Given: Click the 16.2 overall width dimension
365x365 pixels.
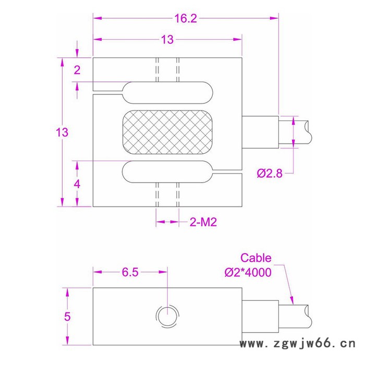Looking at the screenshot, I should [x=185, y=19].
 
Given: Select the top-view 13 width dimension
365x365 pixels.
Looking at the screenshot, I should [x=167, y=40].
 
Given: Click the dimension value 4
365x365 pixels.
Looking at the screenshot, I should [x=77, y=184].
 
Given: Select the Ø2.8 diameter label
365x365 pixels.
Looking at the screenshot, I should [x=270, y=174].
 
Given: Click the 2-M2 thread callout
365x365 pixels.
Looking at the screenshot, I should [x=203, y=222].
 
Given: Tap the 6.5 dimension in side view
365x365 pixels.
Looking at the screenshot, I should [x=131, y=272].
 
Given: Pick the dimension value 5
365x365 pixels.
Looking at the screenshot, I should [x=67, y=317].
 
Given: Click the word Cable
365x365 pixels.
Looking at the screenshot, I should [x=256, y=258].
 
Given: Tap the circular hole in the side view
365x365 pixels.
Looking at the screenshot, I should [x=167, y=315].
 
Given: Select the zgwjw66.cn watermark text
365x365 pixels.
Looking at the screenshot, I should [x=296, y=344].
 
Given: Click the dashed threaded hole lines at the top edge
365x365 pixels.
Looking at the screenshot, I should [x=167, y=69].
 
